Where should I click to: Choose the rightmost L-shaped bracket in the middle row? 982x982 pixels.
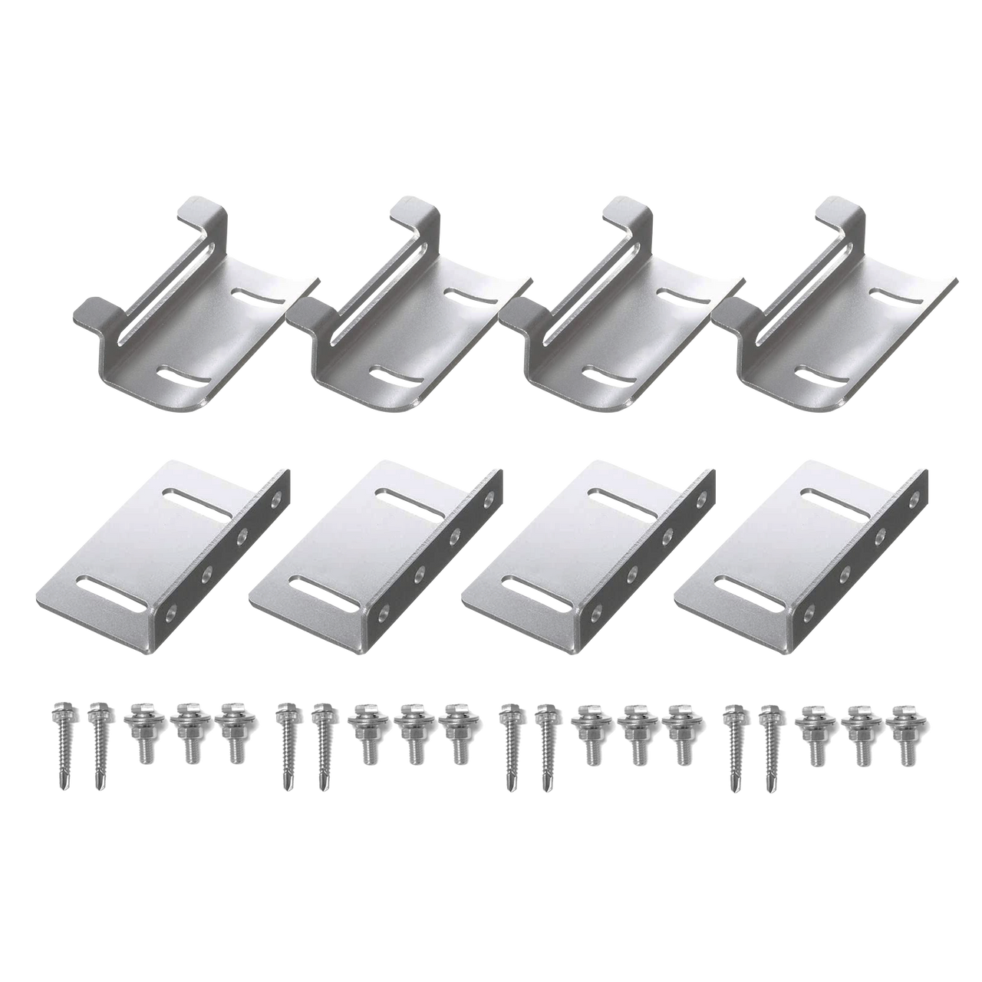click(x=802, y=549)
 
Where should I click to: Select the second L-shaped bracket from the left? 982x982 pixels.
click(x=376, y=549)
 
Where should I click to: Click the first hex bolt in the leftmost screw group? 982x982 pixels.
click(x=140, y=733)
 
